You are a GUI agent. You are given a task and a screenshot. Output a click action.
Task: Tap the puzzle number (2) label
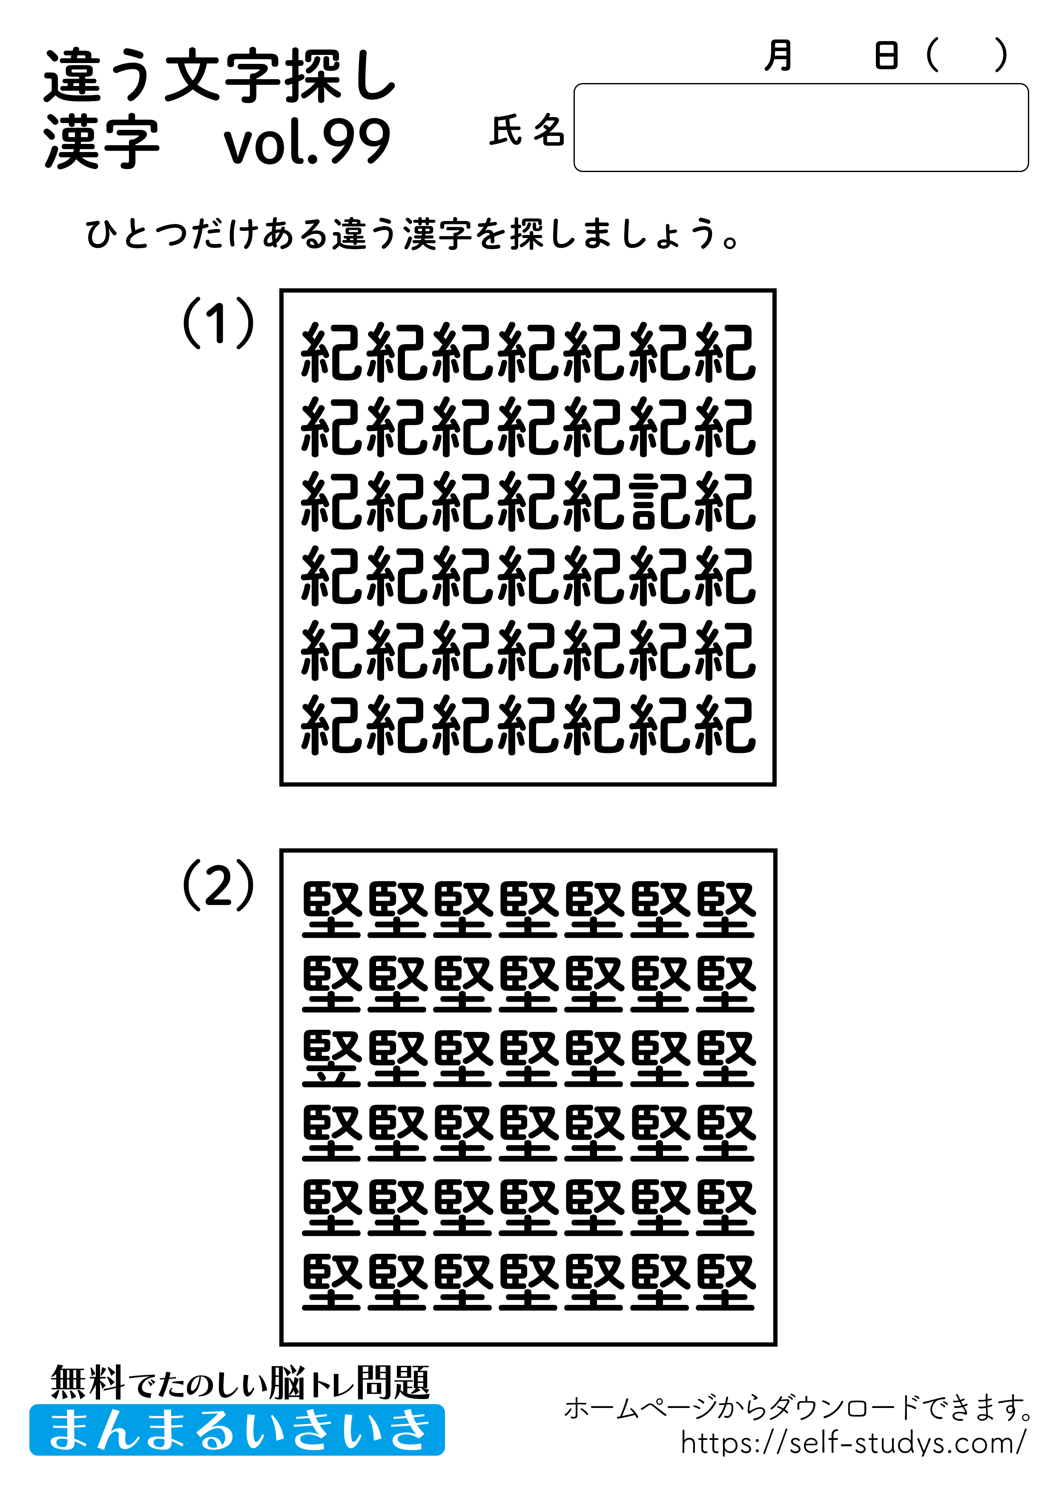[218, 884]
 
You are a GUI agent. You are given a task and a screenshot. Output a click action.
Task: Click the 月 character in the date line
[778, 56]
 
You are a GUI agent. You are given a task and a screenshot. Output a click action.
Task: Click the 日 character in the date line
[886, 56]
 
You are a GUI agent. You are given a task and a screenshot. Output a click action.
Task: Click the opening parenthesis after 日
[933, 56]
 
